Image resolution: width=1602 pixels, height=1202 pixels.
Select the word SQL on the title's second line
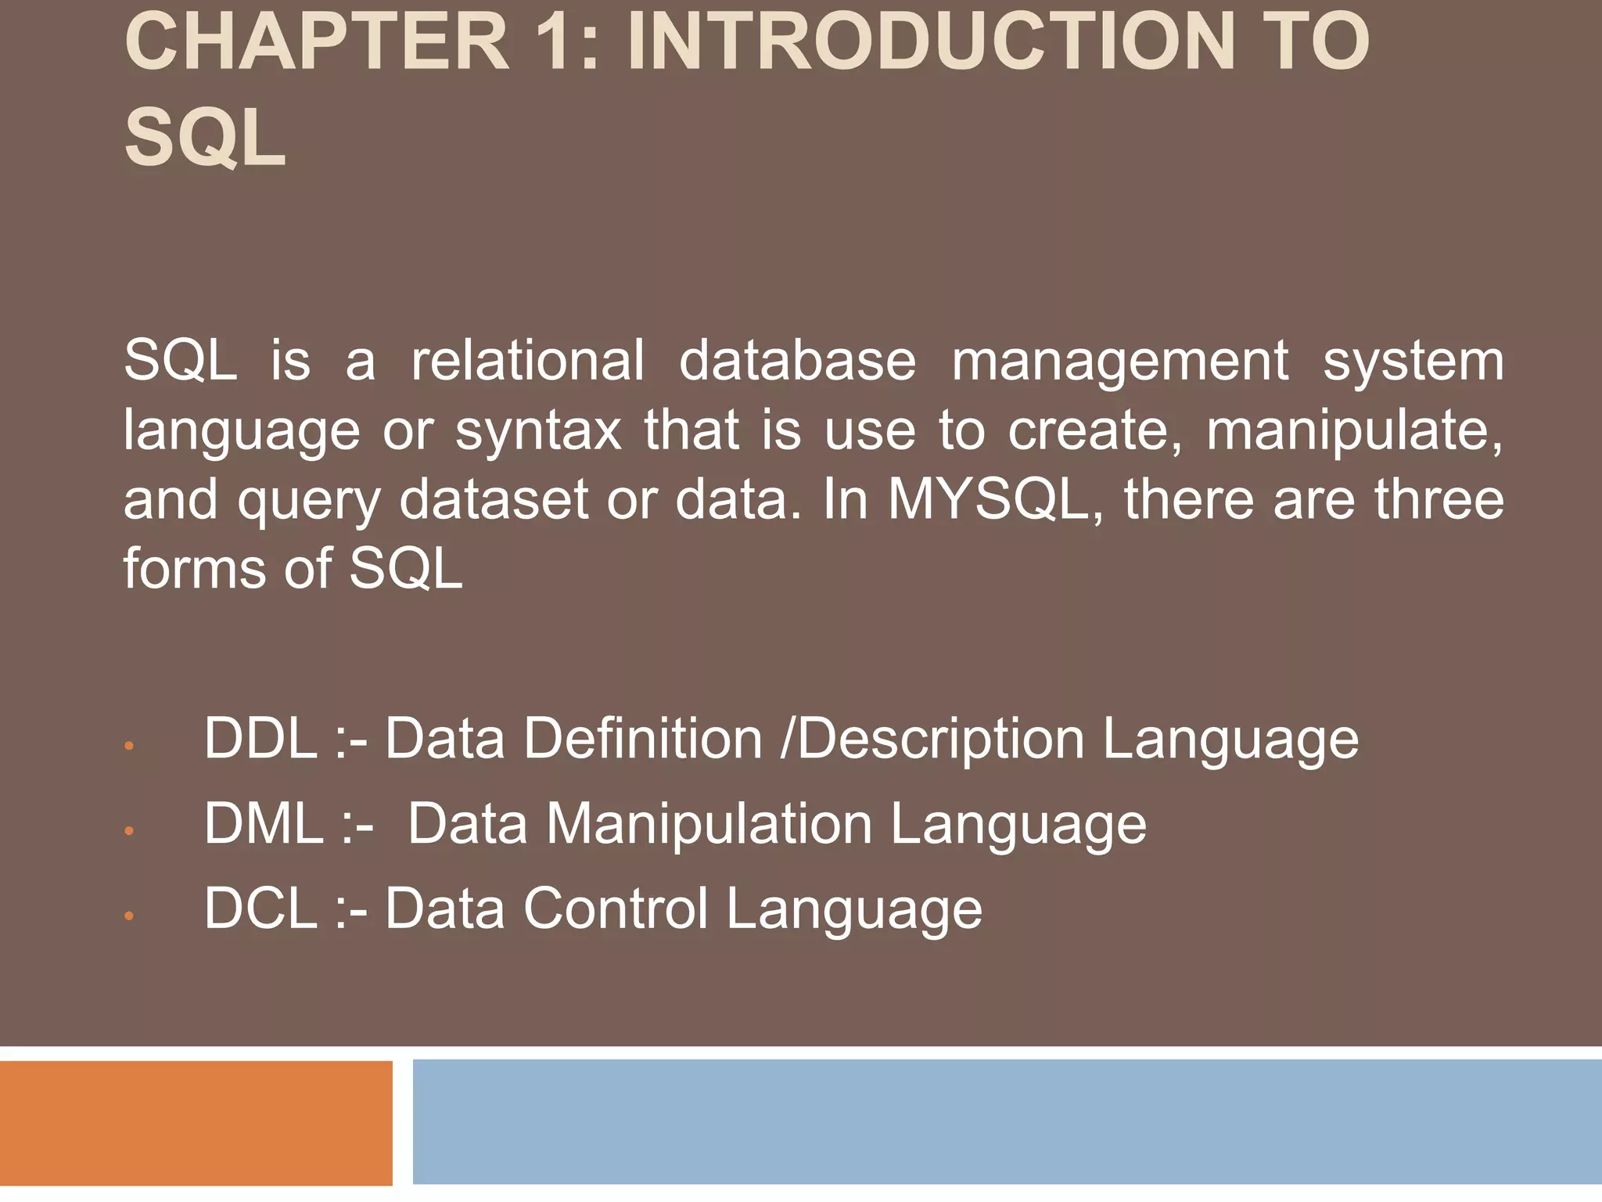[x=205, y=139]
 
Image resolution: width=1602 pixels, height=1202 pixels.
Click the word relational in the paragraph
[x=528, y=361]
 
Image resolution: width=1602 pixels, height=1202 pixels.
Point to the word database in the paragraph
[x=797, y=361]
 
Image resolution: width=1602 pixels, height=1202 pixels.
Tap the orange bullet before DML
[x=130, y=830]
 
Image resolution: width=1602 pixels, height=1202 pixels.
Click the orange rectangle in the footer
[x=196, y=1123]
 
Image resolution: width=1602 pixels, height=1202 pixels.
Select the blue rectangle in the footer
[x=1007, y=1121]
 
